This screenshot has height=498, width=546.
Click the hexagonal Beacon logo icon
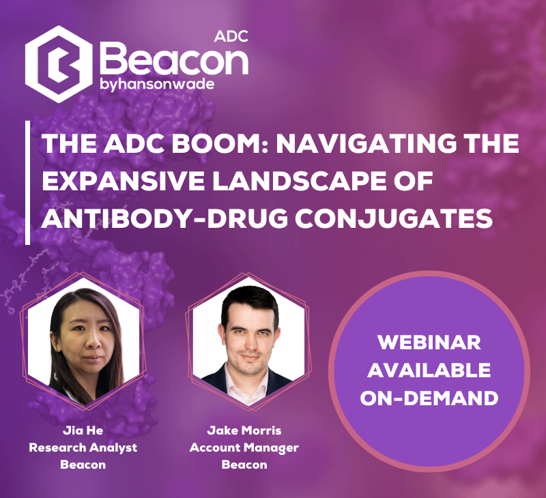click(59, 64)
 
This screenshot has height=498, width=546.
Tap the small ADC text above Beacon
click(231, 36)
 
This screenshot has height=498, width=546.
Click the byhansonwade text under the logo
click(157, 85)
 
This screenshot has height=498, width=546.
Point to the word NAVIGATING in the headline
click(366, 143)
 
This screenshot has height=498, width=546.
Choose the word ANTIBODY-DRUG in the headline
click(164, 218)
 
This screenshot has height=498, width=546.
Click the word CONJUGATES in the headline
click(394, 218)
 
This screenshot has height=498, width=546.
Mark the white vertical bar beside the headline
click(27, 183)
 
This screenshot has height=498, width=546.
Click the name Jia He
click(83, 430)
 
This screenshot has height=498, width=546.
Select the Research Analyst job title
click(83, 448)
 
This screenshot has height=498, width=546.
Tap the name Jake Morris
click(244, 430)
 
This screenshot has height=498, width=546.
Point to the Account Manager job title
click(244, 448)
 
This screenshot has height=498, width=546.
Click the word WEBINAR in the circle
click(429, 342)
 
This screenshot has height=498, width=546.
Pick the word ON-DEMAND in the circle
click(429, 398)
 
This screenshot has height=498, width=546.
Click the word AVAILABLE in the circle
click(429, 370)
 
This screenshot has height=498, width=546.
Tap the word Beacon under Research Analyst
click(83, 465)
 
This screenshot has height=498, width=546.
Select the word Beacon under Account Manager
click(244, 465)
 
